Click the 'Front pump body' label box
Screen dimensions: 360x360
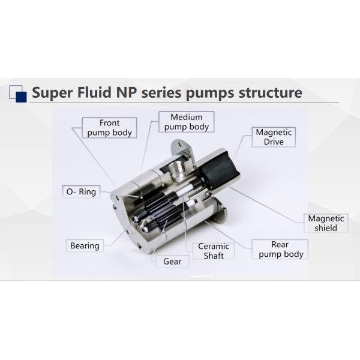109,128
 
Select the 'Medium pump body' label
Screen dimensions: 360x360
186,122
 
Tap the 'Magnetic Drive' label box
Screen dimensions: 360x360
274,137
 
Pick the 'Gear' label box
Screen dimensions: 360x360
172,262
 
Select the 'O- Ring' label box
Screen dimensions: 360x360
80,192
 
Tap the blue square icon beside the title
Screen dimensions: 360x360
17,93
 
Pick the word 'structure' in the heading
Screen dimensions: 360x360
269,93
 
